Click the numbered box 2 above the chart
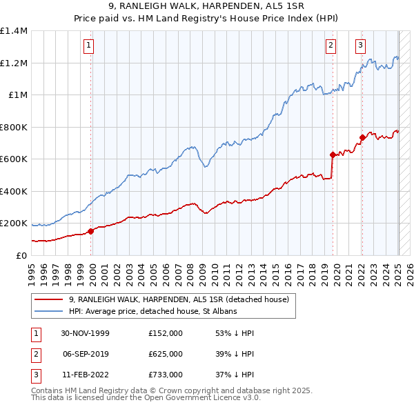(331, 46)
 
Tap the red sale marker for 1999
(90, 231)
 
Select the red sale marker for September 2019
(332, 155)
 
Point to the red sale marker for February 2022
(362, 138)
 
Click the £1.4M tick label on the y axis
(14, 31)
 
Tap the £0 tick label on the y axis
(21, 256)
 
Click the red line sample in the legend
(50, 299)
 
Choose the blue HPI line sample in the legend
(50, 312)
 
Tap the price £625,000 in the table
(166, 354)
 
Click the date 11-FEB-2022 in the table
(85, 375)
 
